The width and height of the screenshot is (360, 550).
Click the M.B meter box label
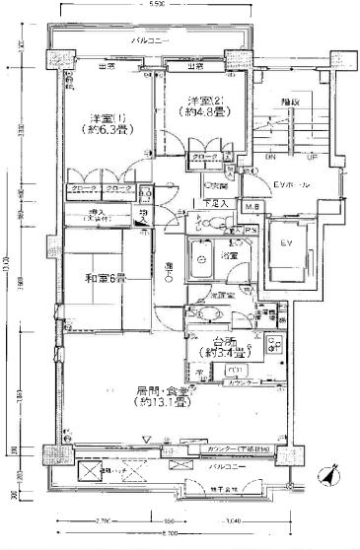pyautogui.click(x=252, y=207)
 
